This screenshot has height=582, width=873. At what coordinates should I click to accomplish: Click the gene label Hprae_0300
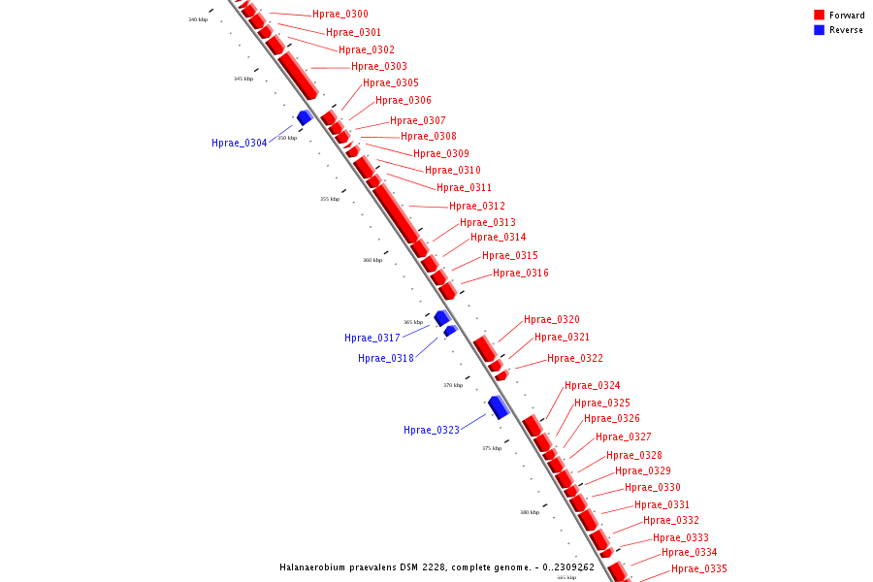[339, 15]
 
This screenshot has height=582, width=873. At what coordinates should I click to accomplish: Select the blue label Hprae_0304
[239, 144]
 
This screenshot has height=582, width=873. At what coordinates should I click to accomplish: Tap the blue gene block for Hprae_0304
[305, 117]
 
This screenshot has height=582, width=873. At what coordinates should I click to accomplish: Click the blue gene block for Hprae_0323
[499, 406]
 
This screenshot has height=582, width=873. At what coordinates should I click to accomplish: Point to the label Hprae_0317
[372, 339]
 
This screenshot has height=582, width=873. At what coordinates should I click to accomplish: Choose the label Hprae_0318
[385, 359]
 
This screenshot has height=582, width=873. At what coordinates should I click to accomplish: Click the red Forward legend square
[819, 16]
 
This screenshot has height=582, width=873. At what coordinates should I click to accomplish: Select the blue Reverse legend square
[819, 30]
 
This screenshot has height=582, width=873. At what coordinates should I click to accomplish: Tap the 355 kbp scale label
[330, 199]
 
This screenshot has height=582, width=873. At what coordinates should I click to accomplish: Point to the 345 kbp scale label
[243, 79]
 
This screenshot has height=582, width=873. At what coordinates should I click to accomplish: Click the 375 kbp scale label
[492, 448]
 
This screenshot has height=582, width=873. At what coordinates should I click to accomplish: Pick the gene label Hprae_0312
[476, 207]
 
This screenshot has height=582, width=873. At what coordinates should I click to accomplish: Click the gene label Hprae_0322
[574, 359]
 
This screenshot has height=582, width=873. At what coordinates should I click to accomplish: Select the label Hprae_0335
[698, 569]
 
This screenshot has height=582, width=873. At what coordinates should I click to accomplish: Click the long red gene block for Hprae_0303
[298, 75]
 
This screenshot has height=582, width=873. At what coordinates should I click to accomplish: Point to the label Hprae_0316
[520, 274]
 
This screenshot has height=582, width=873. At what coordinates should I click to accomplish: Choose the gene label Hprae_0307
[417, 121]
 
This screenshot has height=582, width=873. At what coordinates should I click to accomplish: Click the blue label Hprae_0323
[431, 431]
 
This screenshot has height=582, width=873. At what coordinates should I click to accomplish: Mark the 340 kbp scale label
[198, 19]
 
